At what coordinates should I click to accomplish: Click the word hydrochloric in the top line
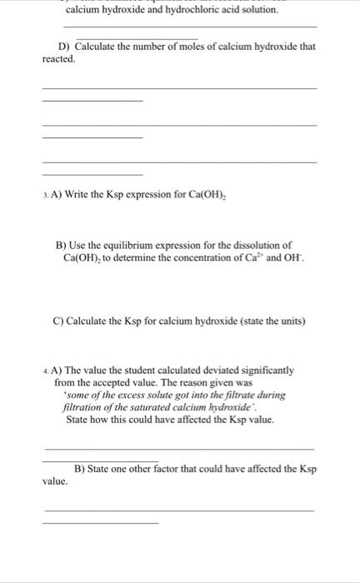[x=199, y=9]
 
